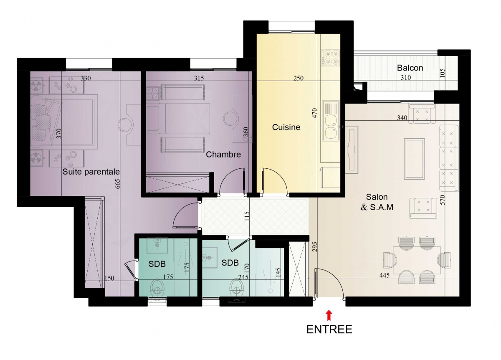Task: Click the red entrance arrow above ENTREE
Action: point(329,315)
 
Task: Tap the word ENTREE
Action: point(329,330)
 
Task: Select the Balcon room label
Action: point(410,68)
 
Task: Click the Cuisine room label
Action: point(286,127)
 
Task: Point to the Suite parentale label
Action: point(91,172)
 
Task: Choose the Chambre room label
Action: point(223,155)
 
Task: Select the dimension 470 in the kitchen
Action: point(314,113)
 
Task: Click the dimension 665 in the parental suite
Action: point(118,184)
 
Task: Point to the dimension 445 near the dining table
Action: point(385,275)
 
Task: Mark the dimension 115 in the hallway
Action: point(247,216)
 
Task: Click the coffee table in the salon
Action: point(414,159)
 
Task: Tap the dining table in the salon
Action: point(417,260)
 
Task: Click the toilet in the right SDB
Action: point(237,287)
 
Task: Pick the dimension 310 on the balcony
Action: point(406,77)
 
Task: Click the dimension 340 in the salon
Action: point(402,117)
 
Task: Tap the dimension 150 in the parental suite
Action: point(109,278)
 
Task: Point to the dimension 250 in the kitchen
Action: point(299,78)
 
